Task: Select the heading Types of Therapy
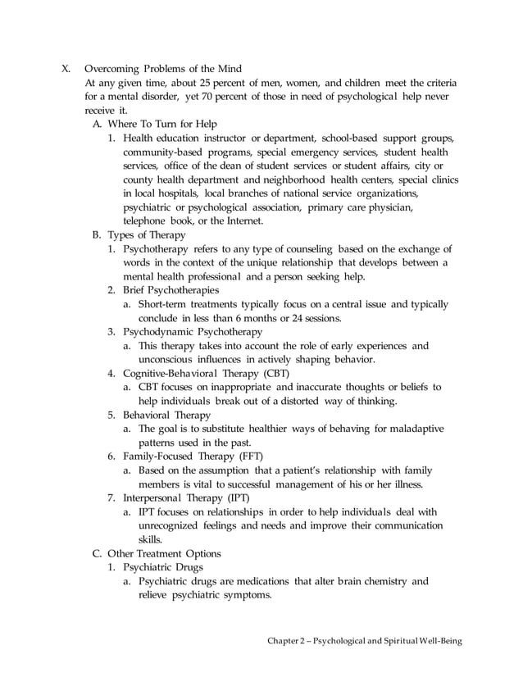(x=147, y=234)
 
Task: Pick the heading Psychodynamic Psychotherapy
(x=193, y=332)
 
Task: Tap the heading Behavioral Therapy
(x=166, y=416)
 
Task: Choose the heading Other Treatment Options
(x=164, y=553)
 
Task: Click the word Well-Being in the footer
(x=439, y=640)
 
